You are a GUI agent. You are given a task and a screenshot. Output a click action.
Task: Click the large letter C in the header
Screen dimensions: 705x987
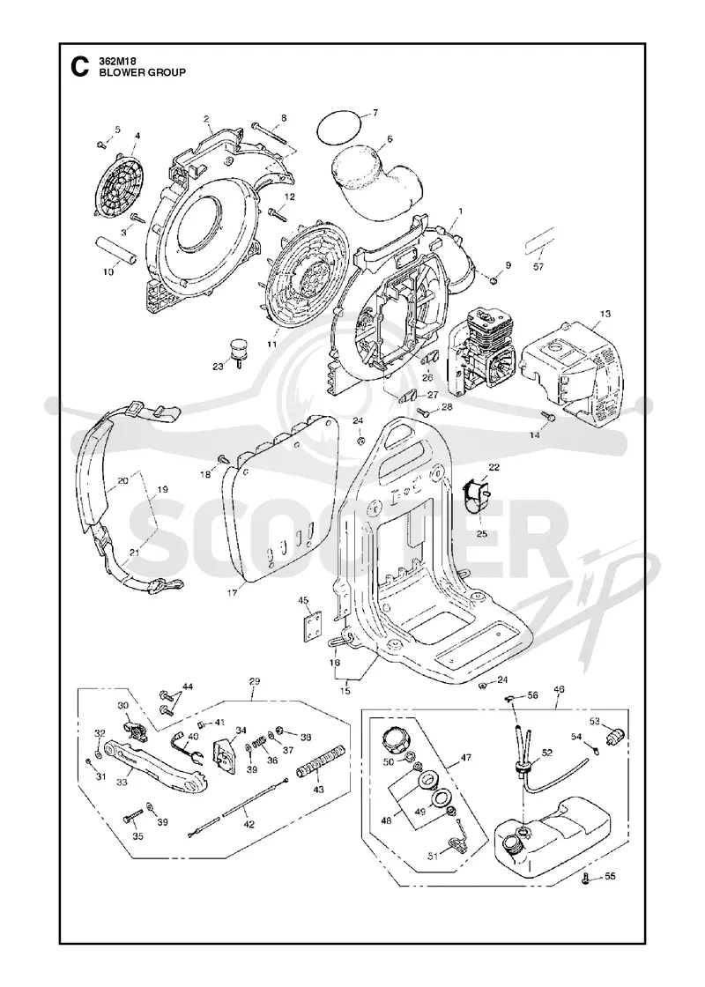(78, 67)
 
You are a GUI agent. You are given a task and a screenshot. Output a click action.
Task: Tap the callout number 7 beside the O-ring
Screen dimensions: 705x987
(375, 114)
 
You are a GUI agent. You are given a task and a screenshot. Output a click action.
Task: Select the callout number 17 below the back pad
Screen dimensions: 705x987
(233, 592)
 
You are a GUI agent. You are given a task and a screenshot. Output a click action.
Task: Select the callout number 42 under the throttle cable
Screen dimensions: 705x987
(249, 824)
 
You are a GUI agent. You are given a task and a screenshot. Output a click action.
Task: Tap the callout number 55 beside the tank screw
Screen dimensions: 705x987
(611, 876)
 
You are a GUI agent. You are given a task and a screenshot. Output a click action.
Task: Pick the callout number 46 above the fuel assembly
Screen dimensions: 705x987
(559, 689)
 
